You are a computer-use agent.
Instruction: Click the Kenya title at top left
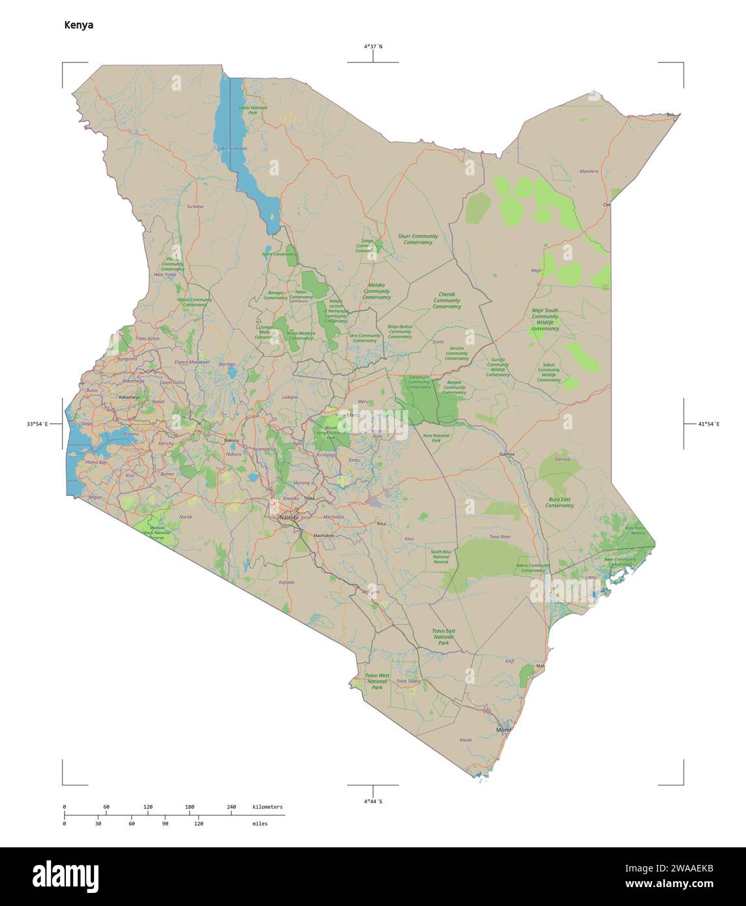coord(78,25)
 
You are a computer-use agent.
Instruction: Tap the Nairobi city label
coord(288,517)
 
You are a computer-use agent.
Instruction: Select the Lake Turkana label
coord(232,149)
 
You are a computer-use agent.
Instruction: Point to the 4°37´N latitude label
coord(373,46)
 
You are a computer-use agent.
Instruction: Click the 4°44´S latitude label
coord(373,801)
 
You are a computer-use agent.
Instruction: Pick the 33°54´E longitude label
coord(37,424)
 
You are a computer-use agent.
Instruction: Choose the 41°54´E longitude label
coord(709,424)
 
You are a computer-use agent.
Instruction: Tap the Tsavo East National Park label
coord(443,637)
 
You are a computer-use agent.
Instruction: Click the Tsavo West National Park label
coord(377,682)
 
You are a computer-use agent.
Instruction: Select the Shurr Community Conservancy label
coord(418,239)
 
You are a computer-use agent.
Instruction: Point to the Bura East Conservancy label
coord(559,502)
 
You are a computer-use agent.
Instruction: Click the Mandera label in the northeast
coord(589,172)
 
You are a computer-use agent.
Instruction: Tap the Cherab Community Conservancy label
coord(447,300)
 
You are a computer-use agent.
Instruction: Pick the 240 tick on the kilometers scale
coord(231,808)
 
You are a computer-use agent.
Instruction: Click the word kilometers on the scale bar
coord(267,808)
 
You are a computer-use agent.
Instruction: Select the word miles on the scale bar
coord(260,824)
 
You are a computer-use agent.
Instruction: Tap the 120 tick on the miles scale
coord(198,824)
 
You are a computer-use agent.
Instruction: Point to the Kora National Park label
coord(436,437)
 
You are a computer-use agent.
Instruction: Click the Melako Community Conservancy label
coord(376,291)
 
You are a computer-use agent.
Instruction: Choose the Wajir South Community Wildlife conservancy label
coord(545,320)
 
